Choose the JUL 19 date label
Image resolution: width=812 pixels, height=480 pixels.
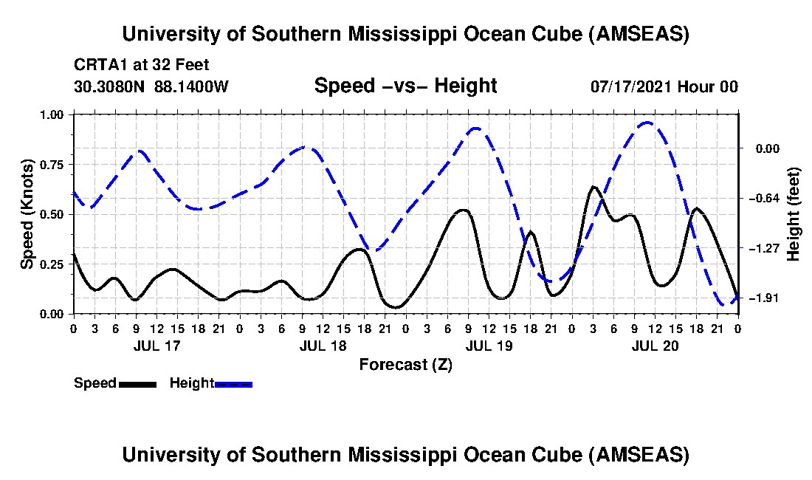click(488, 346)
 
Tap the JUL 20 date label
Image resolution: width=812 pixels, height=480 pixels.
click(655, 346)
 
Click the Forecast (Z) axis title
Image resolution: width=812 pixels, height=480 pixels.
click(405, 364)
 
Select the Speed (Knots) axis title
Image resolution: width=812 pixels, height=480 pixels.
click(27, 213)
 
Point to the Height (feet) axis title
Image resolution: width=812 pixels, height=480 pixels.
click(794, 214)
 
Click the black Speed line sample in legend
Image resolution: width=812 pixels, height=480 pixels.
click(137, 384)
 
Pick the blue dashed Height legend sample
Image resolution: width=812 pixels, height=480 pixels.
click(233, 384)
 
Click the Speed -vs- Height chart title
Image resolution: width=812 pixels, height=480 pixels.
click(405, 86)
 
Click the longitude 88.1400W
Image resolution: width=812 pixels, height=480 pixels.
click(192, 86)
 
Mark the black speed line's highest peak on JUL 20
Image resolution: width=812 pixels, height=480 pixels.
click(593, 187)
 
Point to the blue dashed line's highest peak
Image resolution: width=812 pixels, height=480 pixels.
click(647, 123)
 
